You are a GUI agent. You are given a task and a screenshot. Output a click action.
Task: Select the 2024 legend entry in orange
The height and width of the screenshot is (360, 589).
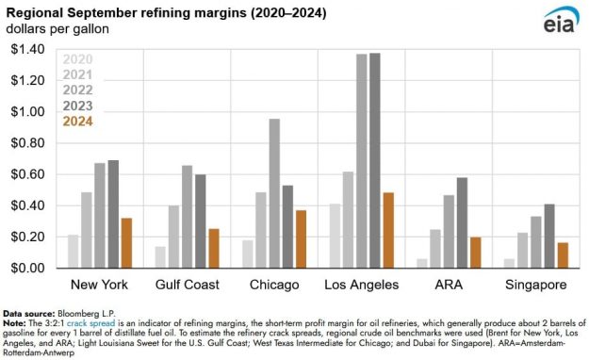pos(78,121)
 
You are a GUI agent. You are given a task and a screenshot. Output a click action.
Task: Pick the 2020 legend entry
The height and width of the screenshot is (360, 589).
pos(78,60)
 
